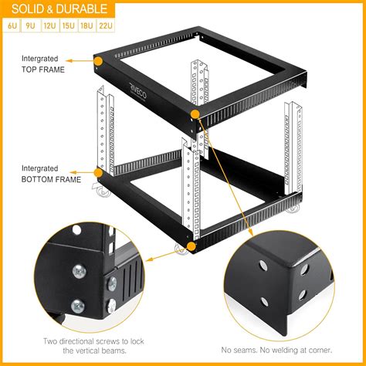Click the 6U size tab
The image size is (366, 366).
pyautogui.click(x=13, y=25)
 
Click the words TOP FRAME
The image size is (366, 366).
pyautogui.click(x=42, y=69)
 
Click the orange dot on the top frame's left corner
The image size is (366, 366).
pyautogui.click(x=99, y=59)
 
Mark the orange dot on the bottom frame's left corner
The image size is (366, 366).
pyautogui.click(x=98, y=173)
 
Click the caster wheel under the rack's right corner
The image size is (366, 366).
pyautogui.click(x=294, y=208)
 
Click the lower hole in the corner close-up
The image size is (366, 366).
pyautogui.click(x=266, y=303)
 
